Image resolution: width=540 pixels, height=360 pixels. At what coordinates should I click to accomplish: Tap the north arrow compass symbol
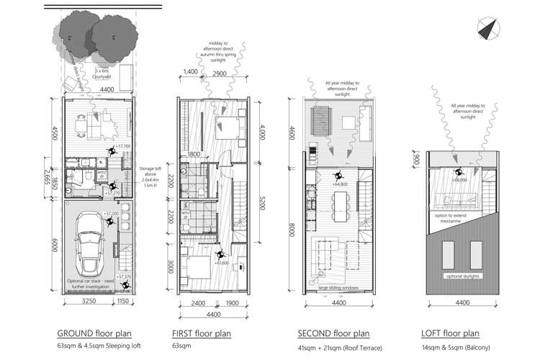[489, 28]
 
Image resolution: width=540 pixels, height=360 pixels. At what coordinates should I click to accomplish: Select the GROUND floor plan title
[92, 333]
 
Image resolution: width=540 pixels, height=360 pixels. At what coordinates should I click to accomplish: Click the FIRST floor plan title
[202, 333]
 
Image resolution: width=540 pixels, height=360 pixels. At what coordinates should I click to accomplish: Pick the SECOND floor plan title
[334, 333]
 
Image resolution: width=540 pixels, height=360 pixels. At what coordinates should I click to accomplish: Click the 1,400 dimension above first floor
[191, 73]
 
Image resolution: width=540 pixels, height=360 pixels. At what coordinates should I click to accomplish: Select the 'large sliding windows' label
[339, 289]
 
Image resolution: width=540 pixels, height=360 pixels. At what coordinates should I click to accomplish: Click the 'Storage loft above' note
[153, 176]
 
